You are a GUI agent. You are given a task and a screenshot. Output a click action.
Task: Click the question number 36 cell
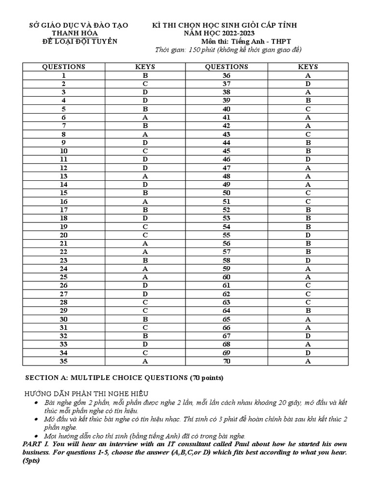[227, 75]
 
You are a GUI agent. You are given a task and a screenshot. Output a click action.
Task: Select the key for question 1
[145, 75]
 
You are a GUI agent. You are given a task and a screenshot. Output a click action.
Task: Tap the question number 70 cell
[227, 361]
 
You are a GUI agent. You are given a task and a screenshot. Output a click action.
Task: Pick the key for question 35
[145, 361]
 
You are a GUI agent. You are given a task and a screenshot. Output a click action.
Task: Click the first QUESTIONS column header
[64, 67]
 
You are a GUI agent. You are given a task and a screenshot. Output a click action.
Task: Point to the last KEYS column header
[308, 67]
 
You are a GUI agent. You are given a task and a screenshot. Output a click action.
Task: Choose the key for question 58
[308, 260]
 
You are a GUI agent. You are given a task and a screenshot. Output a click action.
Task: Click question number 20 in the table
[64, 235]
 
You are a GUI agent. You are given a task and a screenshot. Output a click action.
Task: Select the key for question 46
[308, 160]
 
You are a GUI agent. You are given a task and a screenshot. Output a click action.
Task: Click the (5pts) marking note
[32, 461]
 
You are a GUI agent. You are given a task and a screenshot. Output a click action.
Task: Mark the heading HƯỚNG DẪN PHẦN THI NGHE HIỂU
[86, 393]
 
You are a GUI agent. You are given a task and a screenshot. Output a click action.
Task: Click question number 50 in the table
[227, 193]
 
